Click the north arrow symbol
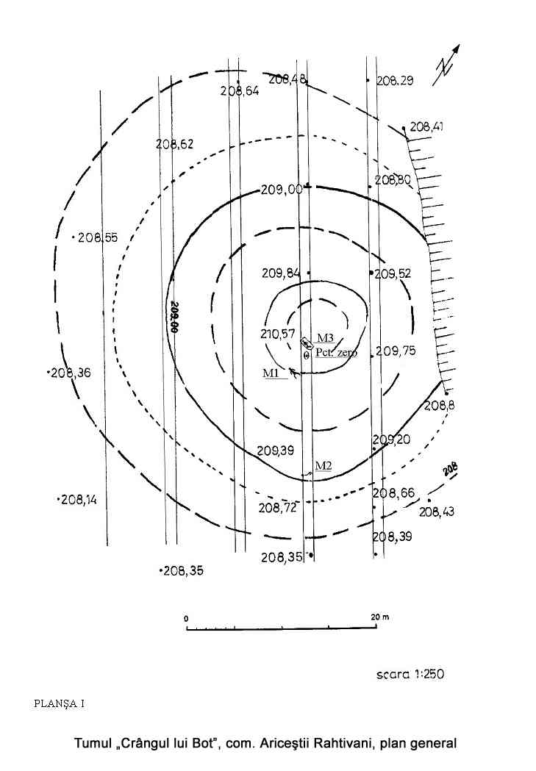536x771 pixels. click(x=449, y=63)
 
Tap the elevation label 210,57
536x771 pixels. click(x=278, y=334)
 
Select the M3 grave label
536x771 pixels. click(x=325, y=338)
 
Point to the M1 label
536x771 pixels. click(x=271, y=373)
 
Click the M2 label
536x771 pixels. click(x=324, y=465)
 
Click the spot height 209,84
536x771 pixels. click(x=281, y=273)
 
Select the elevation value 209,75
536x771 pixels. click(x=396, y=351)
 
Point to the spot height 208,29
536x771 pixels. click(x=395, y=81)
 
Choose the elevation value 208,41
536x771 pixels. click(x=426, y=127)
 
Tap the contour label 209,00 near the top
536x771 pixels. click(x=282, y=190)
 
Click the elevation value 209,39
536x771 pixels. click(x=276, y=451)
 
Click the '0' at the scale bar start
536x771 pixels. click(x=187, y=618)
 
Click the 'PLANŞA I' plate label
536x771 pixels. click(x=60, y=703)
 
